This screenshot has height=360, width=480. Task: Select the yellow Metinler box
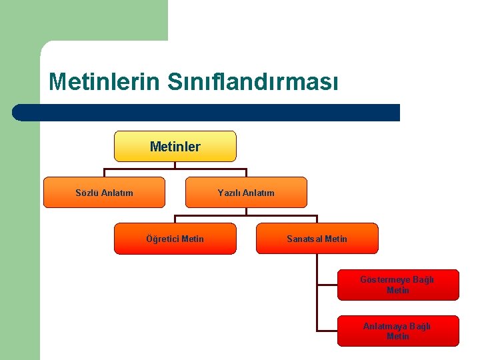[x=175, y=147]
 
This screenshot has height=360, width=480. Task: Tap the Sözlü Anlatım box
[x=104, y=193]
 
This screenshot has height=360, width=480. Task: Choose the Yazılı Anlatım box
[x=246, y=193]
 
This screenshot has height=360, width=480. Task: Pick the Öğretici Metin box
[x=175, y=239]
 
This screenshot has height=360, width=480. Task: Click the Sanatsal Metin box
[x=317, y=239]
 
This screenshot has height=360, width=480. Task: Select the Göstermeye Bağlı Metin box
[x=398, y=285]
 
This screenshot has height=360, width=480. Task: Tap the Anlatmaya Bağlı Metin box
[x=398, y=331]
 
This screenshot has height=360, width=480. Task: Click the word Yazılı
[x=229, y=193]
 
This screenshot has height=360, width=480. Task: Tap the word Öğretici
[x=162, y=239]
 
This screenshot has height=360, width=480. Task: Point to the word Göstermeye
[x=385, y=280]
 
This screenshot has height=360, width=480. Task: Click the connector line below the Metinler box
[x=175, y=166]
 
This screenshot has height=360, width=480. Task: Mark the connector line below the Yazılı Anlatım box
[x=246, y=212]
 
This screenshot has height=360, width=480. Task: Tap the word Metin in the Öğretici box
[x=193, y=239]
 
